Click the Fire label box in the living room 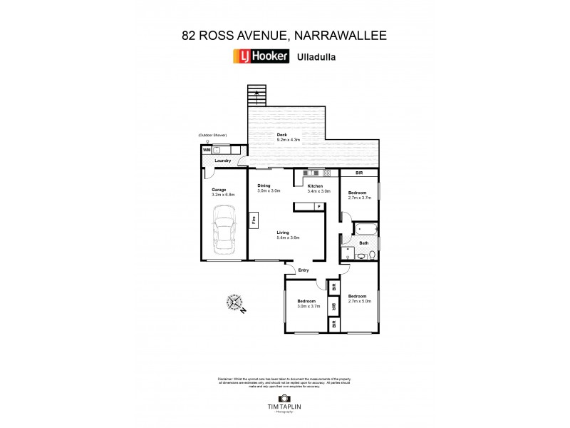(x=253, y=220)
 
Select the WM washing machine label (x=207, y=150)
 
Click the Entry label (x=304, y=270)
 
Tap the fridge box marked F (x=319, y=206)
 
